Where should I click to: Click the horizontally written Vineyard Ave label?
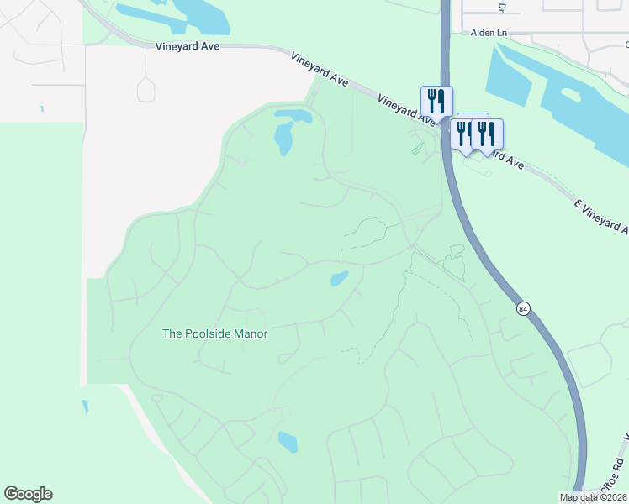[188, 46]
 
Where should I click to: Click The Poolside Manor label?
[214, 333]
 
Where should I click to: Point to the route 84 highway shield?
[524, 309]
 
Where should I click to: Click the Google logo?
[28, 494]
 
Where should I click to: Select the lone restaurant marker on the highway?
[436, 101]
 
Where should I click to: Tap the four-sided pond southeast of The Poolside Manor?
[288, 442]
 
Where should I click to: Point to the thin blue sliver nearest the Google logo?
[84, 407]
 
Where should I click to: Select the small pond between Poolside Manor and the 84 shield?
[339, 278]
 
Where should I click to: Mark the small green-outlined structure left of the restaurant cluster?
[417, 150]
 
